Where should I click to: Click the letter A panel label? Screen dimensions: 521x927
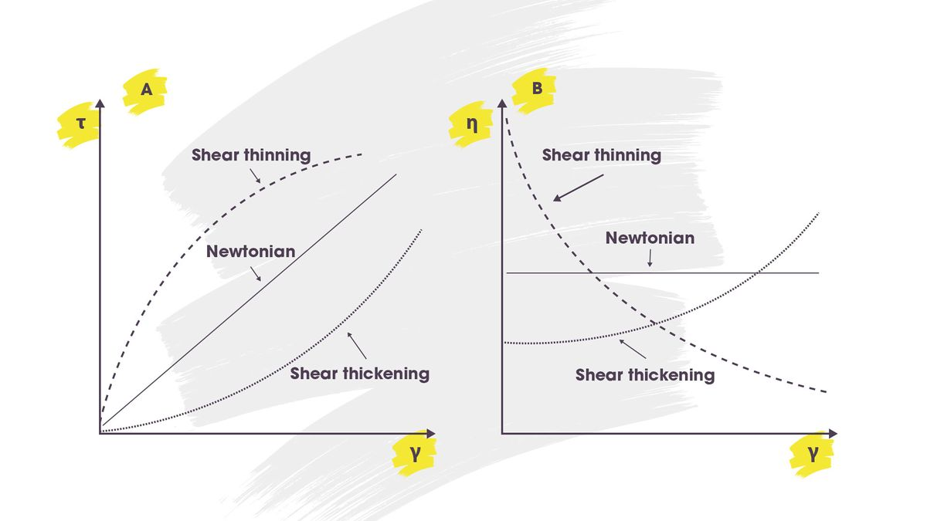pos(146,90)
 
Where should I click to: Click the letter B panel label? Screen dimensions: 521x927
pos(538,89)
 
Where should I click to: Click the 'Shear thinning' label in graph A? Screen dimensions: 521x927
pos(251,155)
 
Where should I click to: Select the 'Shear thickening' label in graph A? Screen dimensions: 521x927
pos(359,374)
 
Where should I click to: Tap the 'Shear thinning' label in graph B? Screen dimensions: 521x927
pos(601,155)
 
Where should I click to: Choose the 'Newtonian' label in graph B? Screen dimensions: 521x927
pos(650,238)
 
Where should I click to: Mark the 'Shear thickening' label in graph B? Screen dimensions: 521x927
pos(644,375)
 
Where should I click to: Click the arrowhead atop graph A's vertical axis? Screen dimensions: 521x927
pos(100,103)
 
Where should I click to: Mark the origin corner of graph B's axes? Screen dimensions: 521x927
pos(502,433)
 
